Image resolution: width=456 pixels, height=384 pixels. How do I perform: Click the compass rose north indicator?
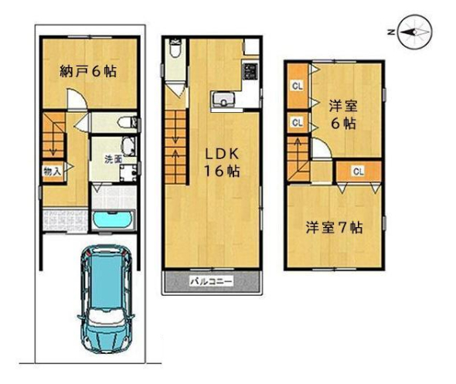click(415, 32)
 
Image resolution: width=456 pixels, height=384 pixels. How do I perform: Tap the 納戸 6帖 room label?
click(88, 72)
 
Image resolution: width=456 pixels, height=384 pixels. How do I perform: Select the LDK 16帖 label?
click(222, 162)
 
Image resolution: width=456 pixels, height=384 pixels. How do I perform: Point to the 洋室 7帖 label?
click(334, 228)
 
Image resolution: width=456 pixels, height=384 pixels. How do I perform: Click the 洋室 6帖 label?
click(343, 115)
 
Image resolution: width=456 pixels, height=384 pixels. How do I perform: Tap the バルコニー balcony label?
click(212, 281)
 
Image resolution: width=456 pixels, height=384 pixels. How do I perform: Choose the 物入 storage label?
click(52, 172)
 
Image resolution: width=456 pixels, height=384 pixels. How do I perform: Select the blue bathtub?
click(114, 221)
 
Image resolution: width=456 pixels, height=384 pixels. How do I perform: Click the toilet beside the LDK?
click(175, 49)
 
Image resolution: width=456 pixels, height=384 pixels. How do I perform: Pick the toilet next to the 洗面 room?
click(128, 122)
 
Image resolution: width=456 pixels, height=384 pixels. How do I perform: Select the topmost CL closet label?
click(298, 86)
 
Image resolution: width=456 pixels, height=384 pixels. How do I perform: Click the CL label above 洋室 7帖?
click(359, 172)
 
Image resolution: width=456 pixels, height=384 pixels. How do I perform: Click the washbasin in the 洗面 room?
click(128, 147)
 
